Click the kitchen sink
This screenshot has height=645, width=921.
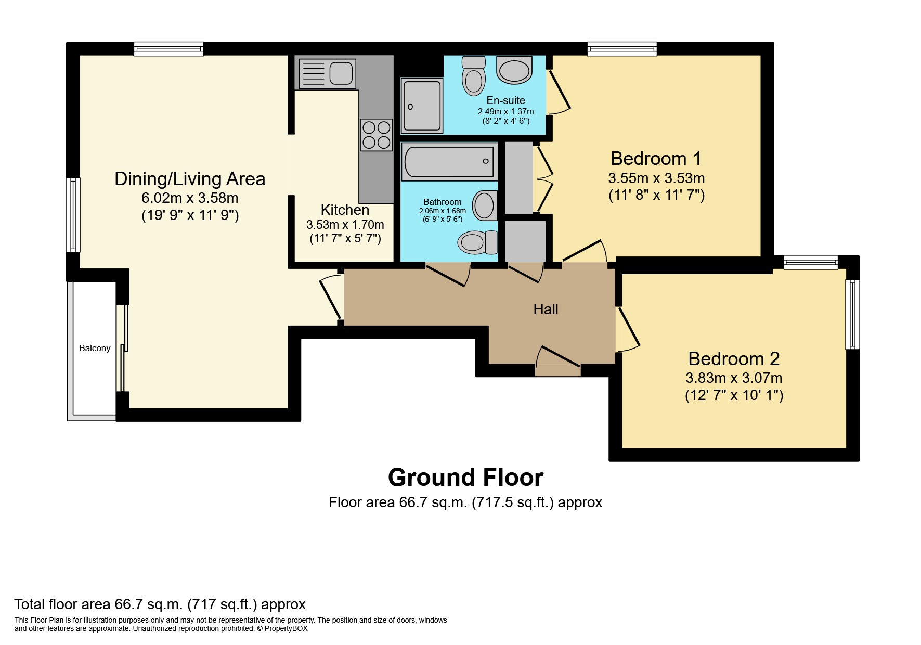click(x=326, y=73)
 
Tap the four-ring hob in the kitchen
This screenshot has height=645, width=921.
click(x=376, y=135)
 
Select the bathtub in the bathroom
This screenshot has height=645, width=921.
click(x=449, y=162)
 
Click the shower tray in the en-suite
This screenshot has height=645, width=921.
click(x=422, y=106)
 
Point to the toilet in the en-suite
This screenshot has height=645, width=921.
click(x=473, y=76)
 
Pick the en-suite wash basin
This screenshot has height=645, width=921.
click(x=514, y=70)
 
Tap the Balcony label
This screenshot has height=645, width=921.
click(x=95, y=348)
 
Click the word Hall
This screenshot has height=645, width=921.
click(x=546, y=309)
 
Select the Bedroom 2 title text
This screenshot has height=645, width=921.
click(x=734, y=358)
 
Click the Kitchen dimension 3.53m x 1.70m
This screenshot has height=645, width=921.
click(x=345, y=225)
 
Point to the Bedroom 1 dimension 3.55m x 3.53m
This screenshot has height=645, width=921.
click(x=656, y=178)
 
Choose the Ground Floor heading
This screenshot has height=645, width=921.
click(x=465, y=477)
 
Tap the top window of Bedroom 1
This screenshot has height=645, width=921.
click(x=622, y=49)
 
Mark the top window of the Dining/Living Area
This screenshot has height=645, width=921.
click(x=168, y=49)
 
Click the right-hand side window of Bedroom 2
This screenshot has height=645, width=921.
click(x=852, y=314)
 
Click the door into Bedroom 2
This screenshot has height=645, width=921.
click(x=628, y=330)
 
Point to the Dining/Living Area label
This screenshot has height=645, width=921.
click(x=190, y=178)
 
